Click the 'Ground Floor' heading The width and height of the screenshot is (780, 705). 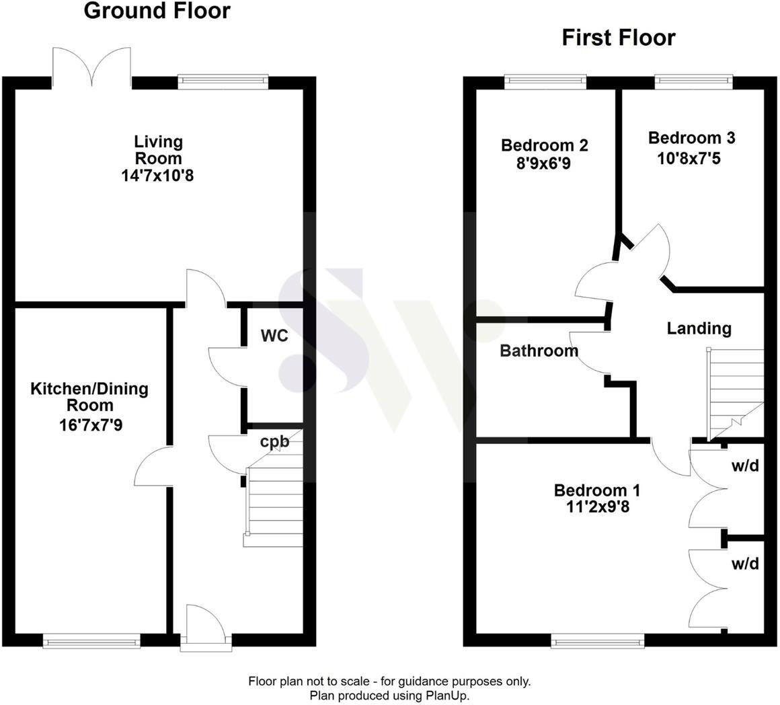pos(157,11)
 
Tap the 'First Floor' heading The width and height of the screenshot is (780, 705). pos(618,38)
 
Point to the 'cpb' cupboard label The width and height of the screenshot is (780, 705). pos(274,441)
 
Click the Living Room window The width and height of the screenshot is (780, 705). pos(222,82)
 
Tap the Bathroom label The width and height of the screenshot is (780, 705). pos(539,350)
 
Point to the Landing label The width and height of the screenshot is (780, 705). pos(699,328)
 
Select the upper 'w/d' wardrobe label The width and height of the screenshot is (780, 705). pos(745,466)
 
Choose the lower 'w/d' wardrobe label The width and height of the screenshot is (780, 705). pos(745,564)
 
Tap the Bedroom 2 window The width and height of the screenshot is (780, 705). pos(545,82)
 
